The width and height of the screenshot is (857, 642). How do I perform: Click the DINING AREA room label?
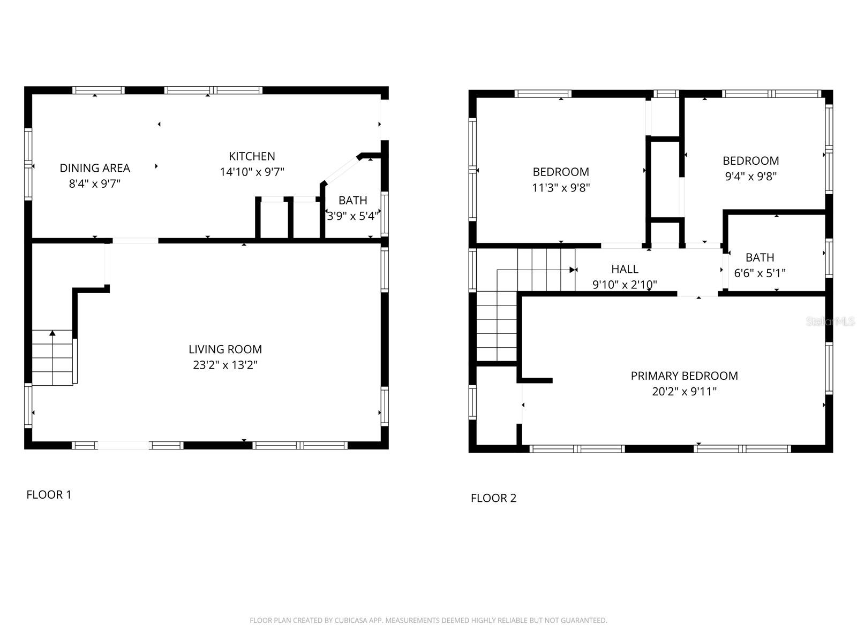click(x=95, y=168)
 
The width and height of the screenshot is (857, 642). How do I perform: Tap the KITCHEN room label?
click(x=252, y=156)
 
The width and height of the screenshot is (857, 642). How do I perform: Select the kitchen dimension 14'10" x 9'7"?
click(x=252, y=172)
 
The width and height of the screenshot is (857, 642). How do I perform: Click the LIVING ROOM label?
click(x=225, y=349)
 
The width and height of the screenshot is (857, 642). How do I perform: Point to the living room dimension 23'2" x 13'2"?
click(x=225, y=365)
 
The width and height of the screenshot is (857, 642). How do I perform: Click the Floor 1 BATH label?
click(x=352, y=201)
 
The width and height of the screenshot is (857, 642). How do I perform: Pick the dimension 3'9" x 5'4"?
click(x=353, y=216)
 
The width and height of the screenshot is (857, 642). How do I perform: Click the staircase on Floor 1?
click(x=52, y=357)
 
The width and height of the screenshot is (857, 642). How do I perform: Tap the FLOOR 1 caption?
click(x=49, y=495)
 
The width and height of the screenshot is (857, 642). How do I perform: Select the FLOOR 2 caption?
click(x=493, y=498)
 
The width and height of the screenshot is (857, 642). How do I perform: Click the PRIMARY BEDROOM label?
click(x=684, y=376)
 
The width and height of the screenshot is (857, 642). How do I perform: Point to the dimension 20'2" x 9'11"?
click(x=684, y=392)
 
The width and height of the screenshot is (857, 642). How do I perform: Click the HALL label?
click(x=625, y=269)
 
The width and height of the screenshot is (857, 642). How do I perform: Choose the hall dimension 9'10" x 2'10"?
click(x=625, y=285)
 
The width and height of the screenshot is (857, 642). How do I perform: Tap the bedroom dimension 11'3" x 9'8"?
click(x=561, y=188)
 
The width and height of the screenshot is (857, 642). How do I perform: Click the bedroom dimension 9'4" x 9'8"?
click(x=750, y=177)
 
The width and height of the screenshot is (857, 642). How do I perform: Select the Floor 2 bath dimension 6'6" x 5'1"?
click(x=760, y=273)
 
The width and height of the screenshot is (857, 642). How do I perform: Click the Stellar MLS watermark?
click(x=830, y=322)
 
